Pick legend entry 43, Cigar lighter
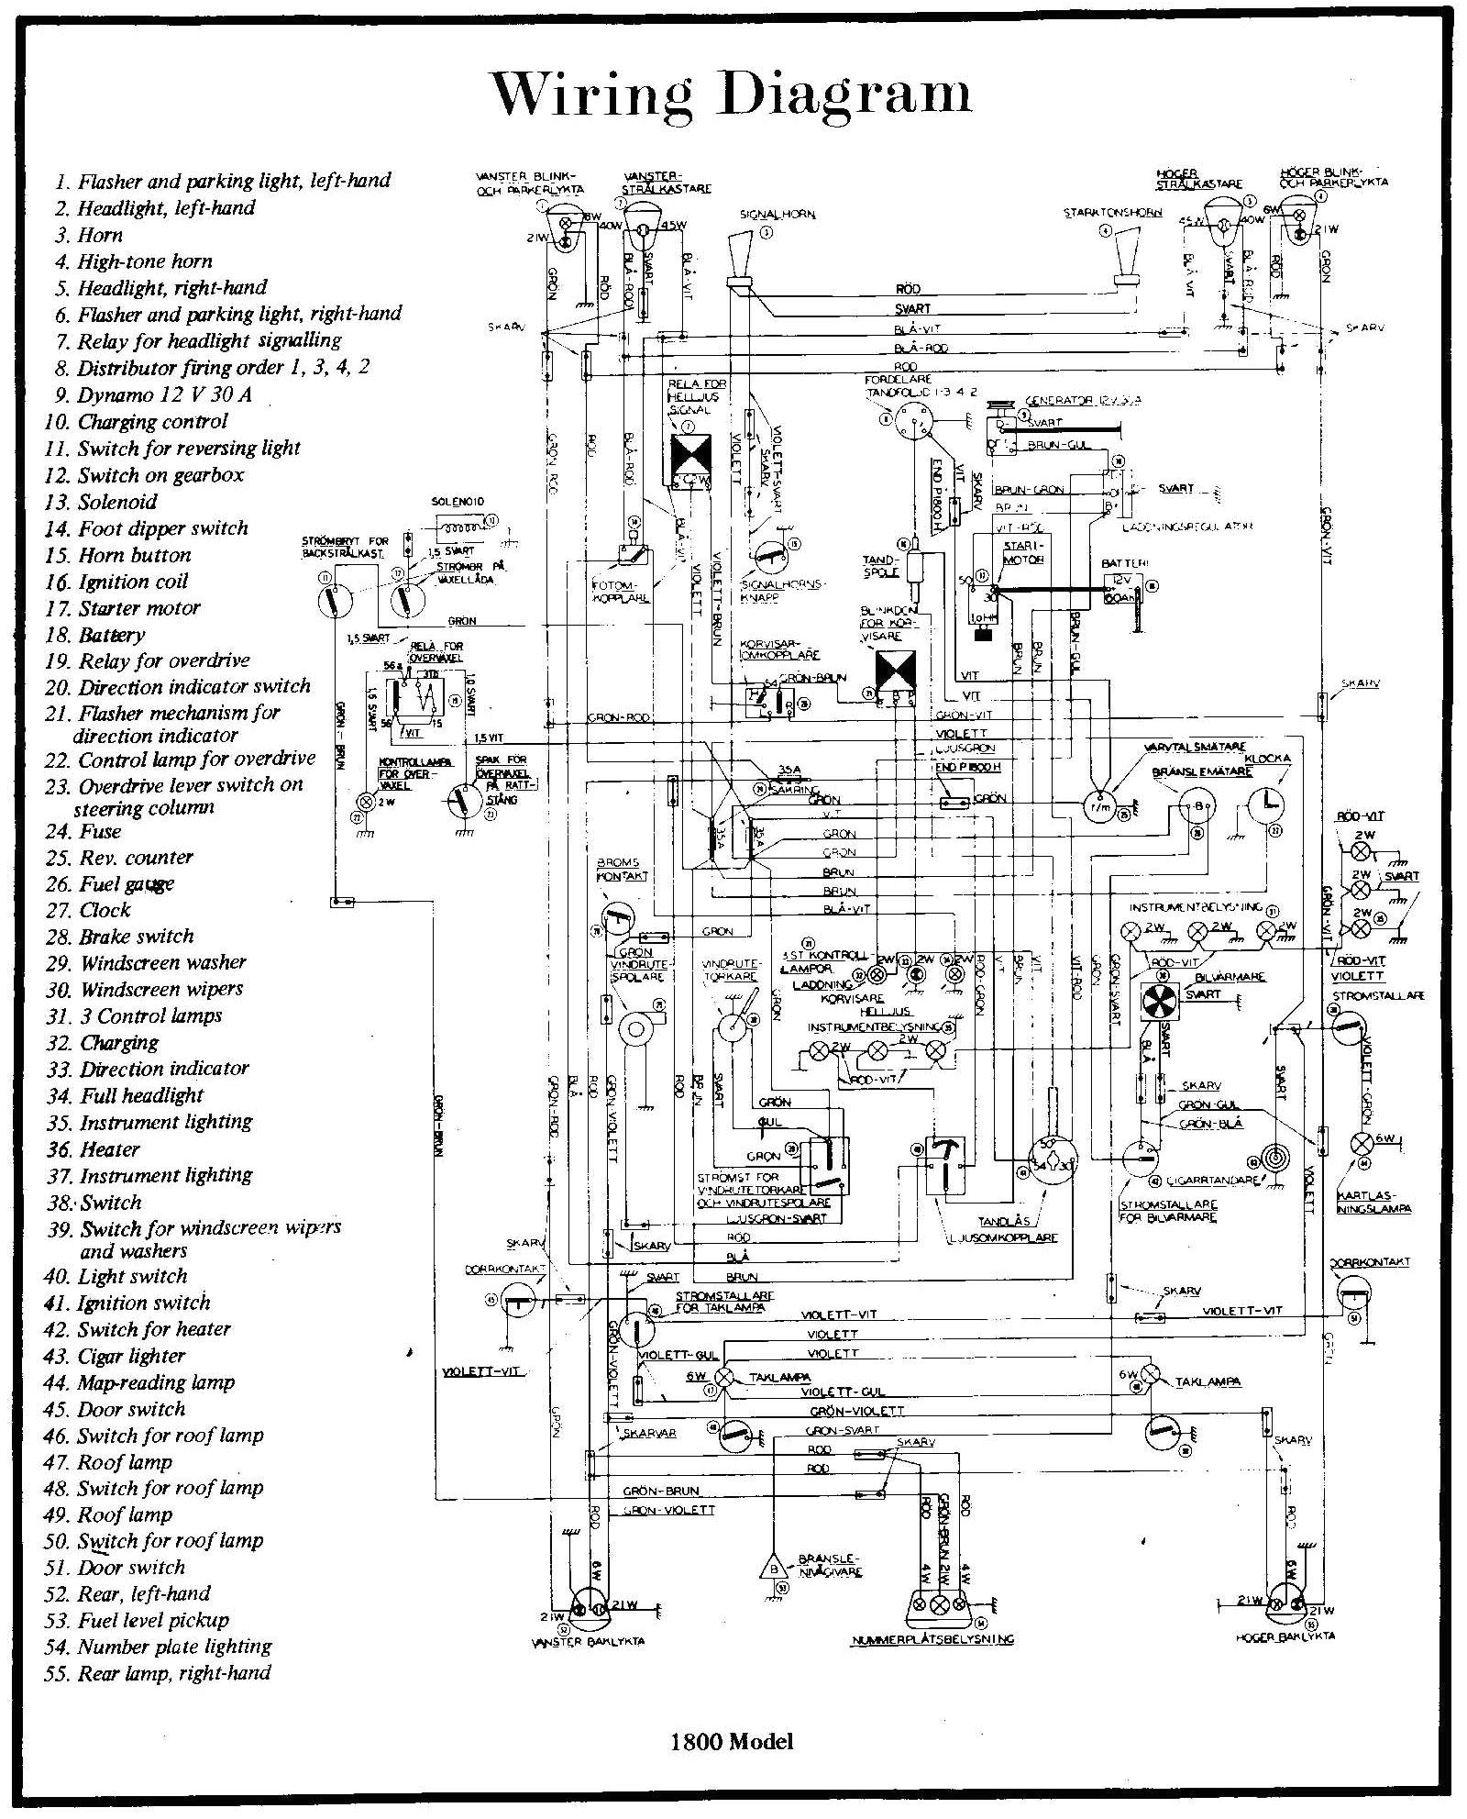tap(130, 1356)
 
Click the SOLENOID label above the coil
tap(457, 503)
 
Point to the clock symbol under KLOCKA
tap(1267, 808)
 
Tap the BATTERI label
tap(1125, 562)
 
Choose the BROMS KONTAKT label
tap(623, 870)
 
